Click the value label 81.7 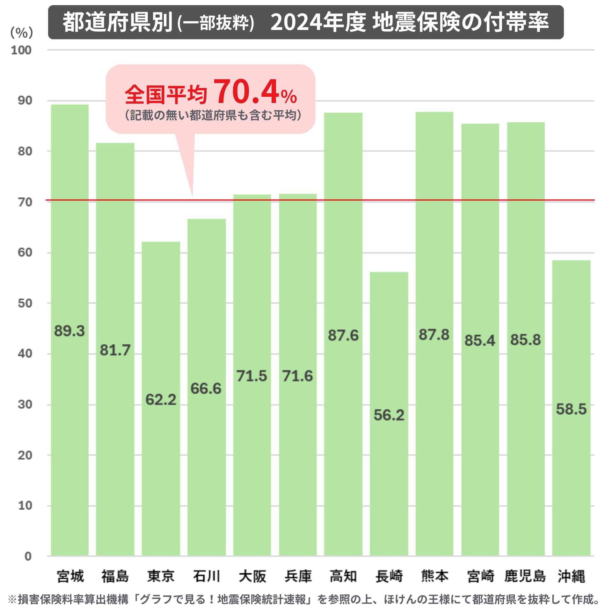(x=115, y=350)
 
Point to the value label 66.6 (x=206, y=389)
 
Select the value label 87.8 (x=434, y=335)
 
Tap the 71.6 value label (x=297, y=376)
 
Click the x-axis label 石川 (x=207, y=576)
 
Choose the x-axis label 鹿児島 (x=525, y=576)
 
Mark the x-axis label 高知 (x=343, y=576)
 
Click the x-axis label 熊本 (x=434, y=576)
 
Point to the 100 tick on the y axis (x=21, y=50)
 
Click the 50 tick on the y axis (x=25, y=303)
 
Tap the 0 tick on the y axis (x=28, y=557)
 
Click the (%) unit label (x=22, y=33)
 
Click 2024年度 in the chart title (x=318, y=22)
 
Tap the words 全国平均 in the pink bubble (x=166, y=95)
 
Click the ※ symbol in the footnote (x=12, y=599)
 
